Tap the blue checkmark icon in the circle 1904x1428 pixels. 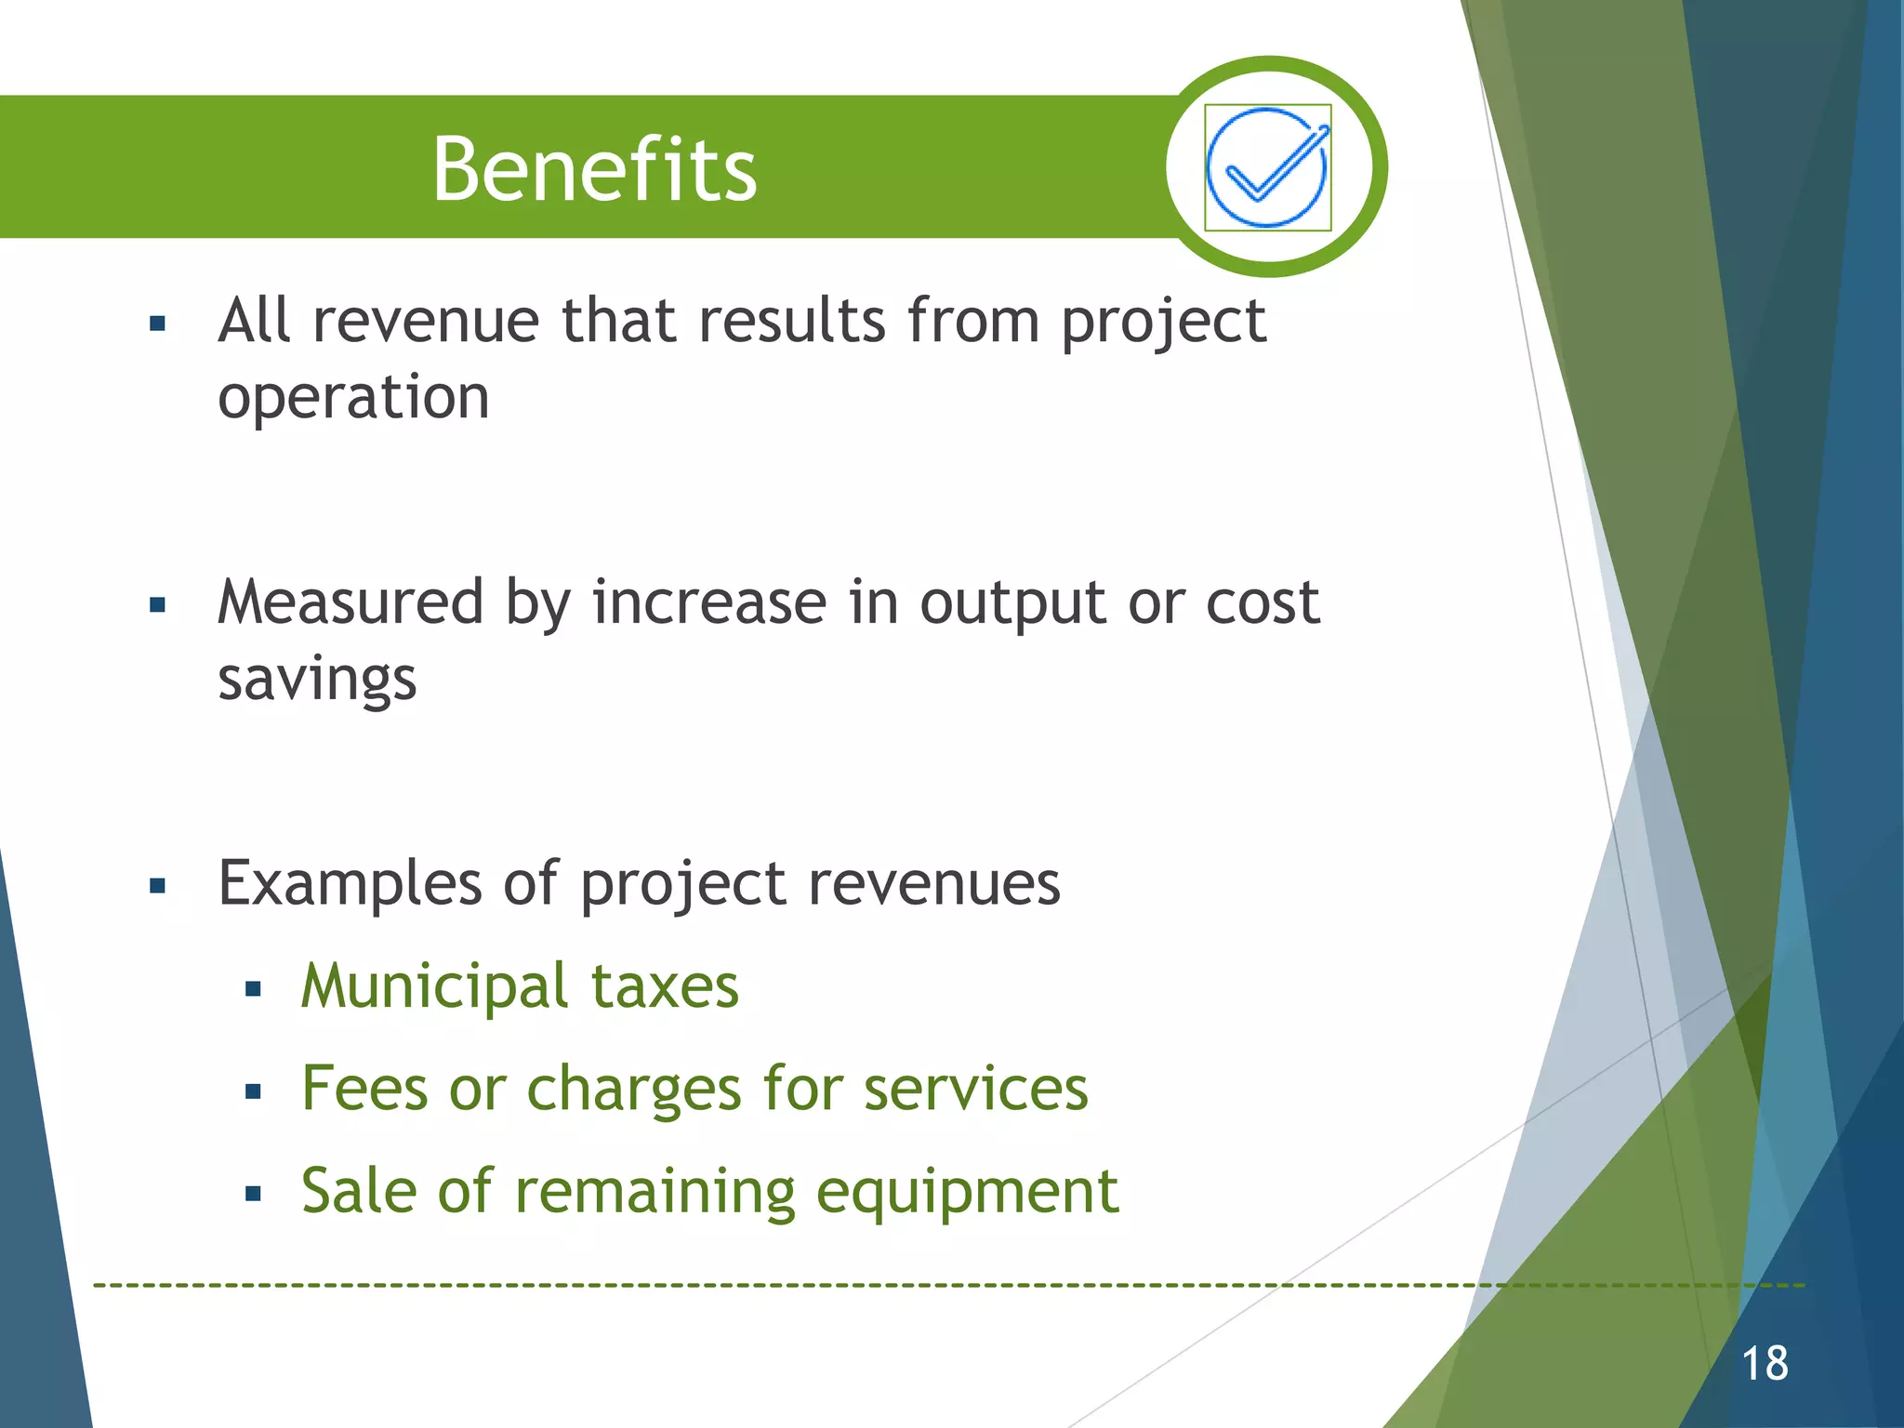(1267, 167)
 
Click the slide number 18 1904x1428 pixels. (1764, 1364)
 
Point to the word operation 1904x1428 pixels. (353, 398)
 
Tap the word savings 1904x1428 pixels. (317, 680)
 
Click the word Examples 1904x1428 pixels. (350, 883)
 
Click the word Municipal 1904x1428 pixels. (434, 986)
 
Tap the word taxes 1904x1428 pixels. (665, 986)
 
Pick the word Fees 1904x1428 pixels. (364, 1089)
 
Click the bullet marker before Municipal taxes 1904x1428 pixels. (253, 990)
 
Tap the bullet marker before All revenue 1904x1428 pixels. (157, 324)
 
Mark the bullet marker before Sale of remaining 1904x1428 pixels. (253, 1195)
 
